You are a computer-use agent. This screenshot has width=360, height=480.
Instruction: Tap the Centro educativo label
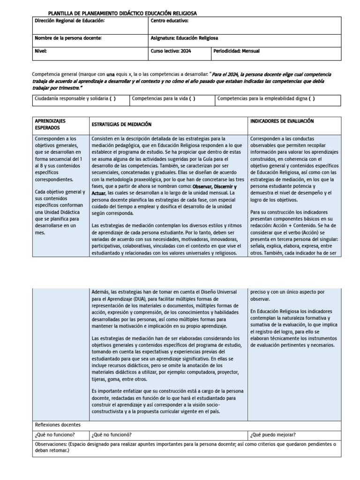169,21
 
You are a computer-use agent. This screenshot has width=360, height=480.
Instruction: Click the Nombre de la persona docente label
68,38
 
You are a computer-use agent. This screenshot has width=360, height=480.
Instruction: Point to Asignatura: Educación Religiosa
184,38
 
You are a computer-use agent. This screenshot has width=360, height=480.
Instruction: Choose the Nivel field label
41,51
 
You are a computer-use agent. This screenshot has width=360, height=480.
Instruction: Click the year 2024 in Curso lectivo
186,51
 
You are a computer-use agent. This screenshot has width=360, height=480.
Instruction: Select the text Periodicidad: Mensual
236,51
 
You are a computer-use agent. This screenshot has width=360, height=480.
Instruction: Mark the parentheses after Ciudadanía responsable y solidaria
112,99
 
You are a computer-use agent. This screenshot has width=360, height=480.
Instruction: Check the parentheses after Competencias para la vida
192,99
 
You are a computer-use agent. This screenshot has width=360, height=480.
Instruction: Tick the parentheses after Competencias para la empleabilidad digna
312,99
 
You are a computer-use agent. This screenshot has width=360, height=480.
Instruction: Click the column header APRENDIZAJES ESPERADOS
50,124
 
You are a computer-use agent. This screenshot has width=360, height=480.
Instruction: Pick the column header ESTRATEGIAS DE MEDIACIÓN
122,124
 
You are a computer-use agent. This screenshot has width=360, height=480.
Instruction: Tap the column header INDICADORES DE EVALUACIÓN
282,121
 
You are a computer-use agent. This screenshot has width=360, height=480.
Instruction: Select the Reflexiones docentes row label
58,425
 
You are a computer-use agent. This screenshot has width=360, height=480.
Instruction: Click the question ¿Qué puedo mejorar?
273,434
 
